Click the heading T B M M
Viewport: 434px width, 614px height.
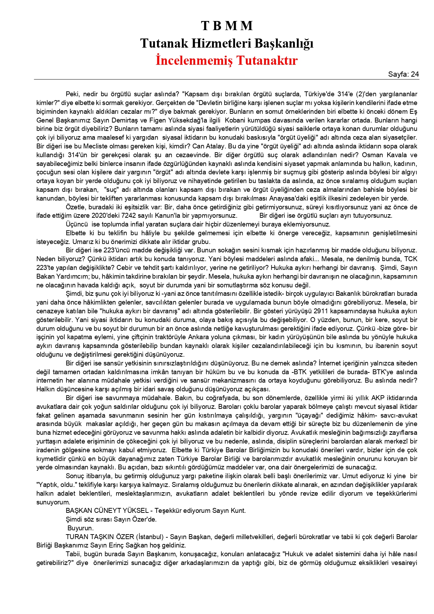pyautogui.click(x=227, y=26)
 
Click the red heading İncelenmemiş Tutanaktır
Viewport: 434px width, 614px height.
pyautogui.click(x=227, y=60)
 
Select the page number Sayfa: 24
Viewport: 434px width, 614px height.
pyautogui.click(x=403, y=74)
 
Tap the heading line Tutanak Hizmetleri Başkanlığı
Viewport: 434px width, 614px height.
pyautogui.click(x=227, y=43)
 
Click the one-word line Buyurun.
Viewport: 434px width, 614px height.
pyautogui.click(x=80, y=528)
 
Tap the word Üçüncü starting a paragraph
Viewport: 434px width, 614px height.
pyautogui.click(x=77, y=224)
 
